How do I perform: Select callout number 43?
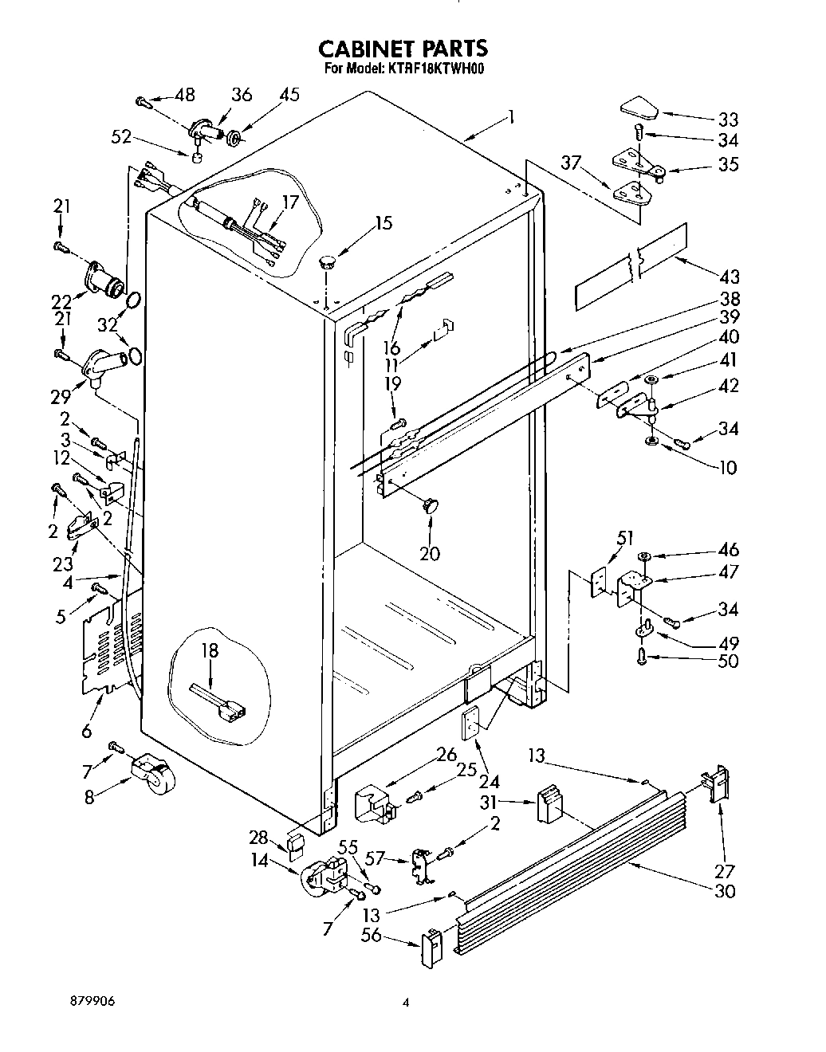729,277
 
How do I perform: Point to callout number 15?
383,223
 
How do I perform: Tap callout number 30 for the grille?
724,891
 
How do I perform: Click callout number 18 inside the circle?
209,650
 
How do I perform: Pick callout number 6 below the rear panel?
86,729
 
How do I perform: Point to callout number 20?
429,552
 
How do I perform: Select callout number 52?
120,136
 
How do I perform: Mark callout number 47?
727,571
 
